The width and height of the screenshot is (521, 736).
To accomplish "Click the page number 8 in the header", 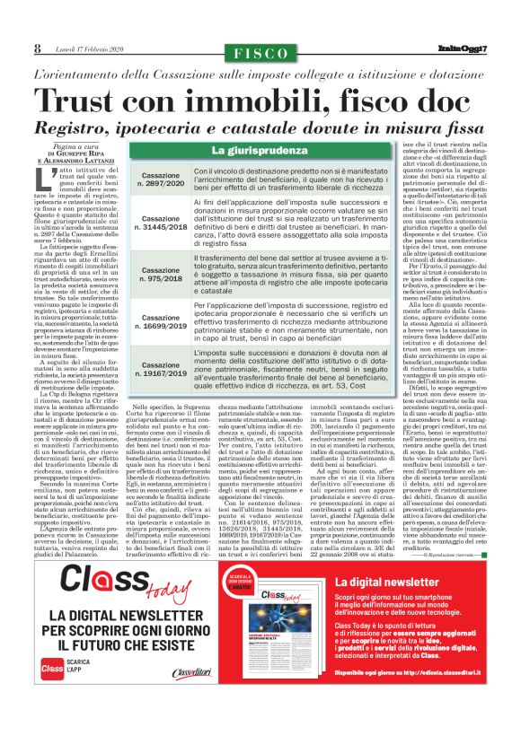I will point(38,48).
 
